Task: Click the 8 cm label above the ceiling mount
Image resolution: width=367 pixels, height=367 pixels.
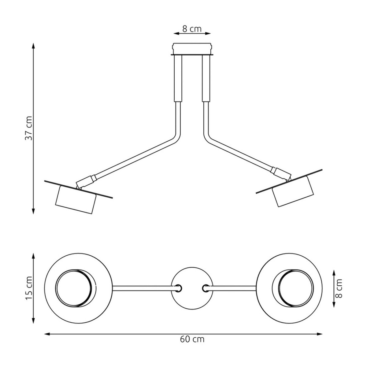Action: click(192, 29)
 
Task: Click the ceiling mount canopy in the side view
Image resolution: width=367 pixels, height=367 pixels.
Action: click(192, 49)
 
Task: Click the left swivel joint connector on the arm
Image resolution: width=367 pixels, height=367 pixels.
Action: click(86, 181)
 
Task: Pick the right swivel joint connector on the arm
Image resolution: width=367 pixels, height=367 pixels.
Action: click(281, 173)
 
